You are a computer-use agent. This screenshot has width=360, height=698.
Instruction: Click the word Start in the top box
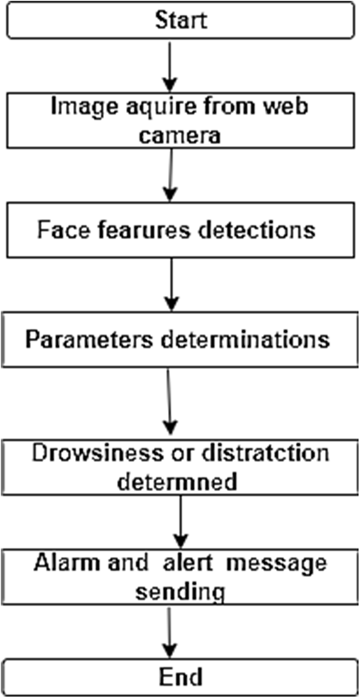pos(180,20)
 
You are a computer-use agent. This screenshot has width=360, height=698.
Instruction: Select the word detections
pos(259,230)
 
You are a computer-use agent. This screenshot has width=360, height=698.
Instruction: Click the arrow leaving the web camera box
pos(172,177)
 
